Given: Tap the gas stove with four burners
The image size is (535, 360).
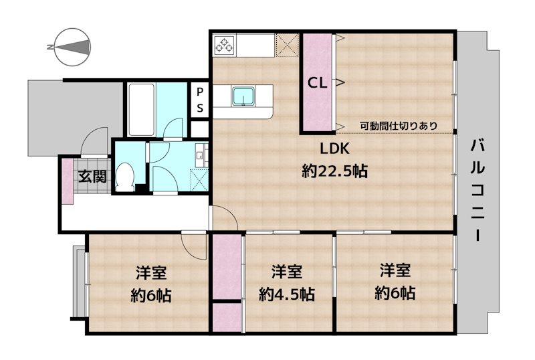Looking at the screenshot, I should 223,46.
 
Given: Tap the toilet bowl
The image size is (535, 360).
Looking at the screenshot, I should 124,177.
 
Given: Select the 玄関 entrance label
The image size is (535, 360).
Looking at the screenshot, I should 91,177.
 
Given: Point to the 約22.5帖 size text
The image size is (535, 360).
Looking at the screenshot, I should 334,171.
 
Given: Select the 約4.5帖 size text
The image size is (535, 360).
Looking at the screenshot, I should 286,294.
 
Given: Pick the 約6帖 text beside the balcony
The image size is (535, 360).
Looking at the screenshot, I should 395,292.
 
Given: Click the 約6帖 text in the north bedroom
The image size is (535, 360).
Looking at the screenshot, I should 150,294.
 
